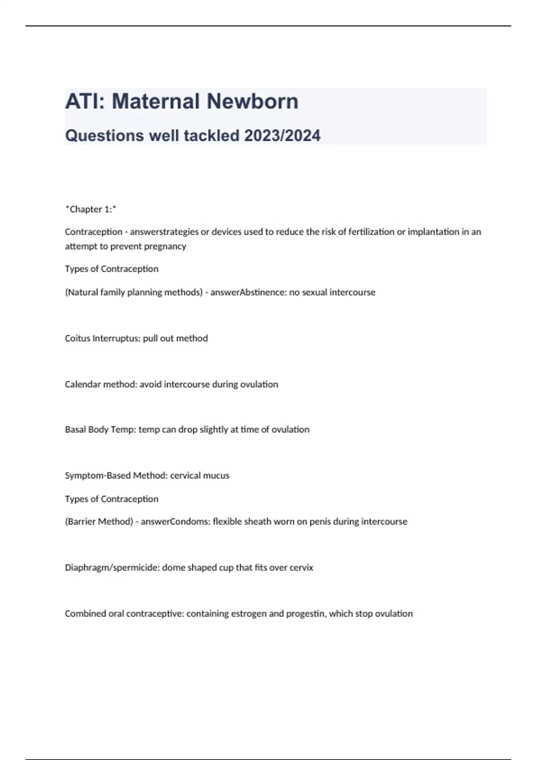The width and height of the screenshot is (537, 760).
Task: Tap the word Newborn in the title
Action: tap(252, 101)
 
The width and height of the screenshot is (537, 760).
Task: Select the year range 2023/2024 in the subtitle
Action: tap(282, 135)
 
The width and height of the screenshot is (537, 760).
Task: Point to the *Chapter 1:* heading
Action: tap(91, 209)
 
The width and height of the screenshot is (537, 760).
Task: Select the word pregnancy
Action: tap(165, 246)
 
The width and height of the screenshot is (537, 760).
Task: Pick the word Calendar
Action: tap(83, 384)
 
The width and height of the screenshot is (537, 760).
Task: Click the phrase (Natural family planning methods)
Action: tap(134, 292)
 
